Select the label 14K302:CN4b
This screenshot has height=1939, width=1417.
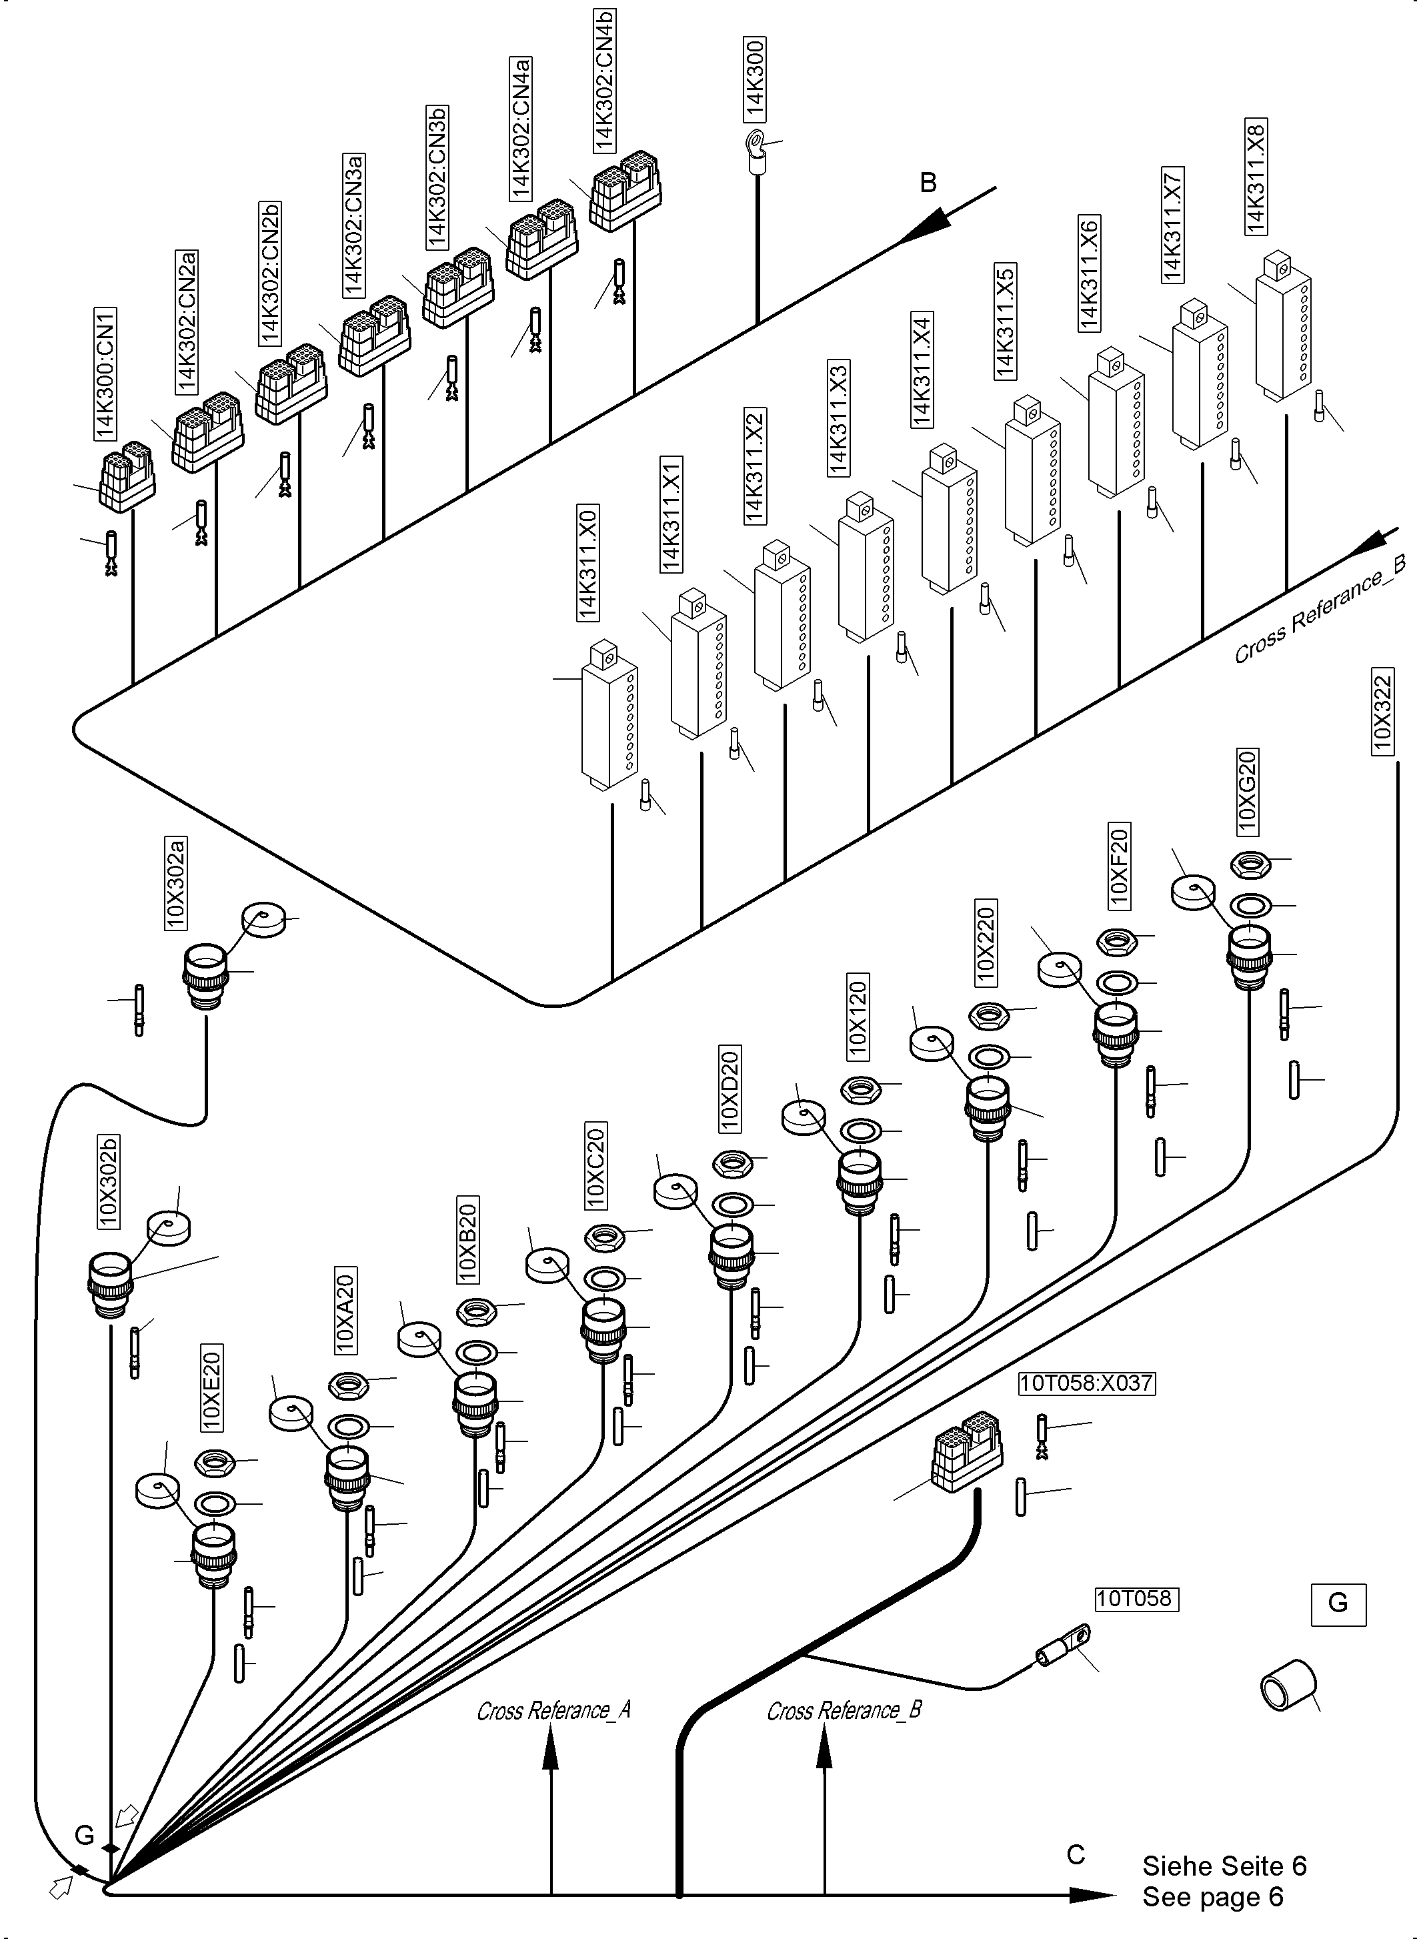605,78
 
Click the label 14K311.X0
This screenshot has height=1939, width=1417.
588,562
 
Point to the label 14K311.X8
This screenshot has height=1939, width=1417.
1255,177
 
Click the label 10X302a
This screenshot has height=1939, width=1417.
176,883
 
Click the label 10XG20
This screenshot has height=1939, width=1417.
1246,790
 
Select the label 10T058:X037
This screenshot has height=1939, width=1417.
1086,1383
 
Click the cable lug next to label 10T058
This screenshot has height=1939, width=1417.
1064,1645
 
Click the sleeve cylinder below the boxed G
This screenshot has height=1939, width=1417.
1288,1684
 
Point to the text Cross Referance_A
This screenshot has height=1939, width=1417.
553,1711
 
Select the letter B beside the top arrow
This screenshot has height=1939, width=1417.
928,183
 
